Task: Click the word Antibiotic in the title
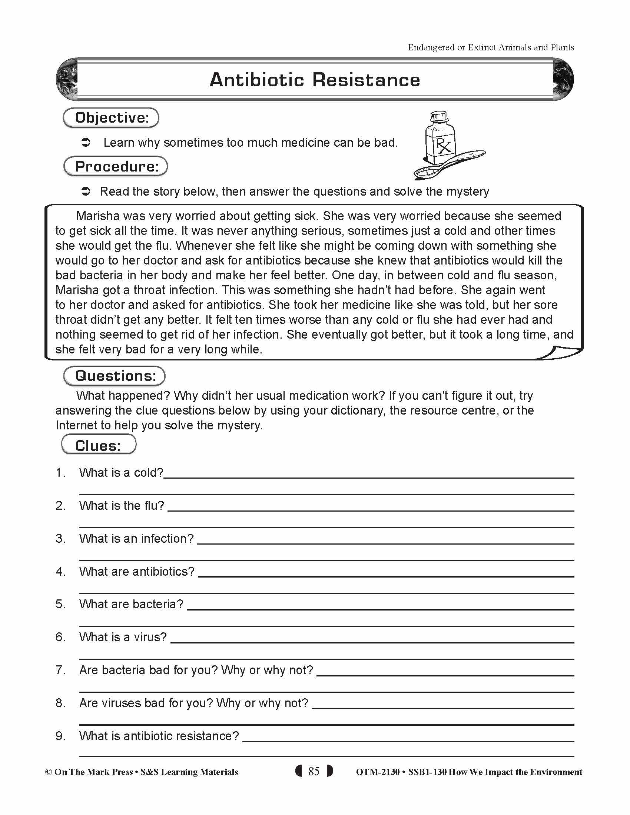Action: pyautogui.click(x=257, y=80)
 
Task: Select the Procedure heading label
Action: pyautogui.click(x=116, y=166)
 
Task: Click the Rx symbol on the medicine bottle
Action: pyautogui.click(x=443, y=145)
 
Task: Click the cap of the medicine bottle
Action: pyautogui.click(x=439, y=116)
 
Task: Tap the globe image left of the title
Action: pyautogui.click(x=66, y=79)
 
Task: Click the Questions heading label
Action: pyautogui.click(x=115, y=376)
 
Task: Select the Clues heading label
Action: pyautogui.click(x=98, y=445)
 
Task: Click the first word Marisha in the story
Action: pyautogui.click(x=97, y=216)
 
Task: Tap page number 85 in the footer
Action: pyautogui.click(x=314, y=771)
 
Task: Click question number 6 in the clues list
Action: pyautogui.click(x=60, y=637)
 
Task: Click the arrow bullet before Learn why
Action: pyautogui.click(x=86, y=143)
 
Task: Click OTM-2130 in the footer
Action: pyautogui.click(x=377, y=772)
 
